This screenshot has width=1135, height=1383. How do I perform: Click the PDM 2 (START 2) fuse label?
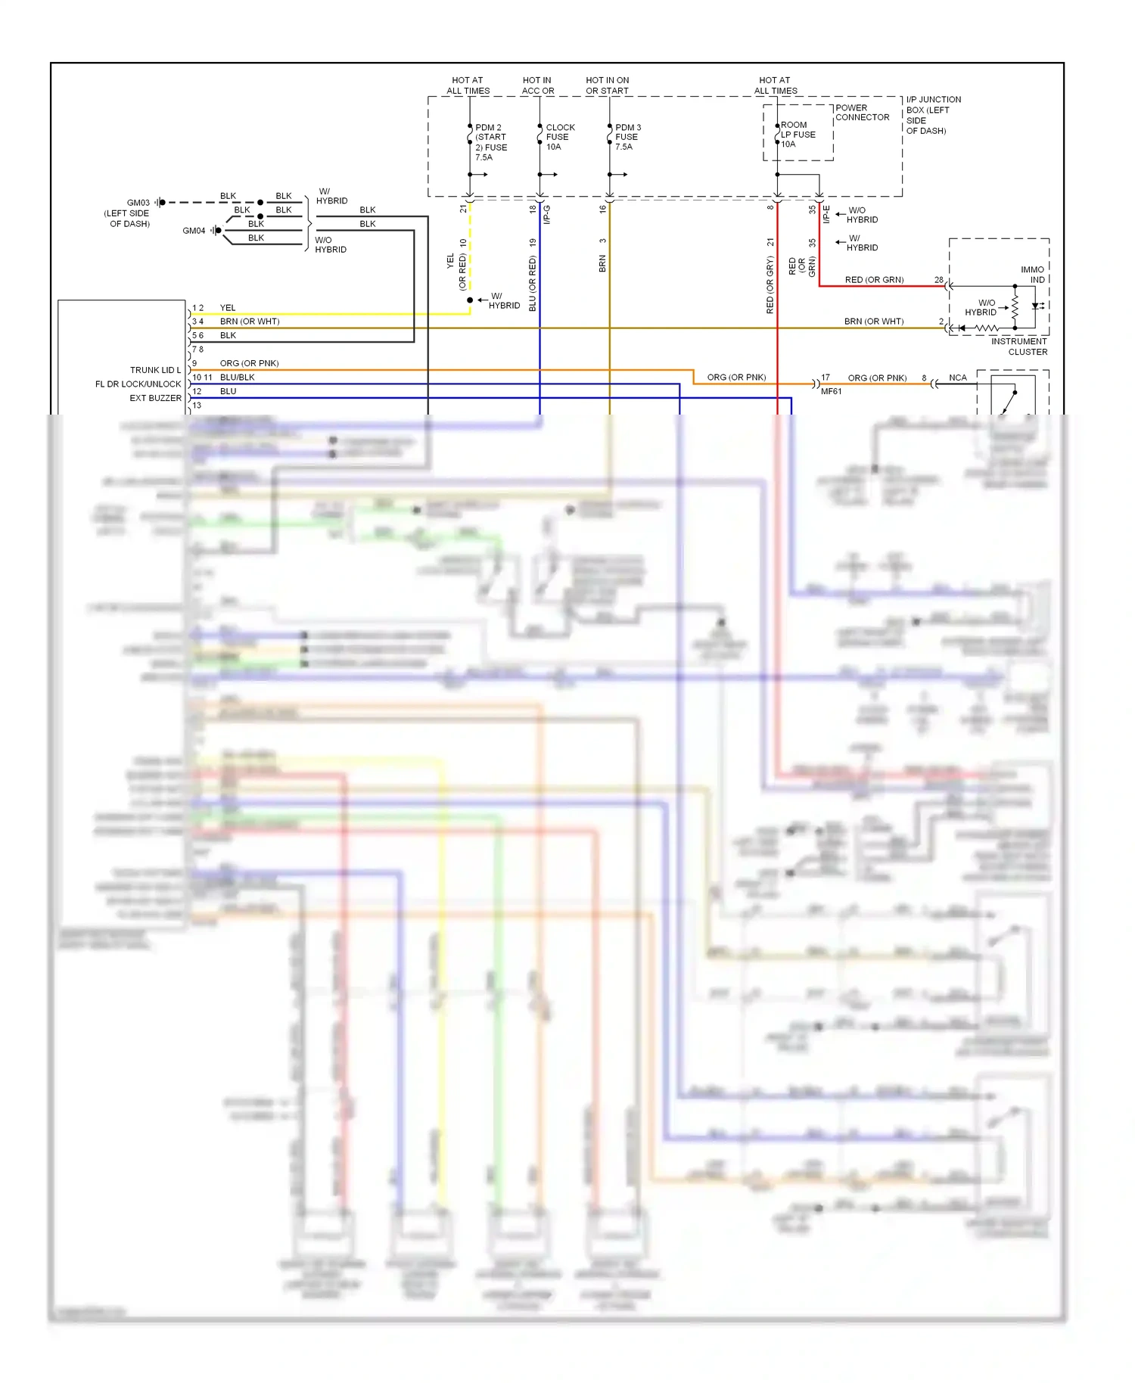490,142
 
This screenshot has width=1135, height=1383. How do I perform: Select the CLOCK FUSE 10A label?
560,137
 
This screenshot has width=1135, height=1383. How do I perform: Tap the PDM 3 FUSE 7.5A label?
627,137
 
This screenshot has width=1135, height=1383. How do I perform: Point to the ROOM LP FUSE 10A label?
798,135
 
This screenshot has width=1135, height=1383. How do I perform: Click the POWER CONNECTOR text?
862,113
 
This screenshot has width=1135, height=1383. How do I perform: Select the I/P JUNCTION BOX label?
933,115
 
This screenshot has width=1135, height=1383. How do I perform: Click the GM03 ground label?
138,203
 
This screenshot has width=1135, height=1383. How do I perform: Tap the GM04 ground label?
194,231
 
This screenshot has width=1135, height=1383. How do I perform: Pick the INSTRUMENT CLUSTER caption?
1019,347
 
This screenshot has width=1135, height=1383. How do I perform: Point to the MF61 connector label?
831,392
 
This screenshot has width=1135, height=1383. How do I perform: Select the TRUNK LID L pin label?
155,370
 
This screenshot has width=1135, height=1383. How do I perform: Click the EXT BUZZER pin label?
155,398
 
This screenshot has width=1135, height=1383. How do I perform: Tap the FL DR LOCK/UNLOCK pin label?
138,384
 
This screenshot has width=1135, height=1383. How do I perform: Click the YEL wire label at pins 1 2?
228,308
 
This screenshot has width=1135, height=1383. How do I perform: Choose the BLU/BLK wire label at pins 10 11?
237,378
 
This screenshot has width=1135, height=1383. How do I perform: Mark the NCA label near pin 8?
957,378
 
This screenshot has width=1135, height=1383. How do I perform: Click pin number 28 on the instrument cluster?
938,280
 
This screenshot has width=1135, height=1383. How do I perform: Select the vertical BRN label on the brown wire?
602,264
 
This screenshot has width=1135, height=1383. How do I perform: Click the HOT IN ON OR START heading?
607,85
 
